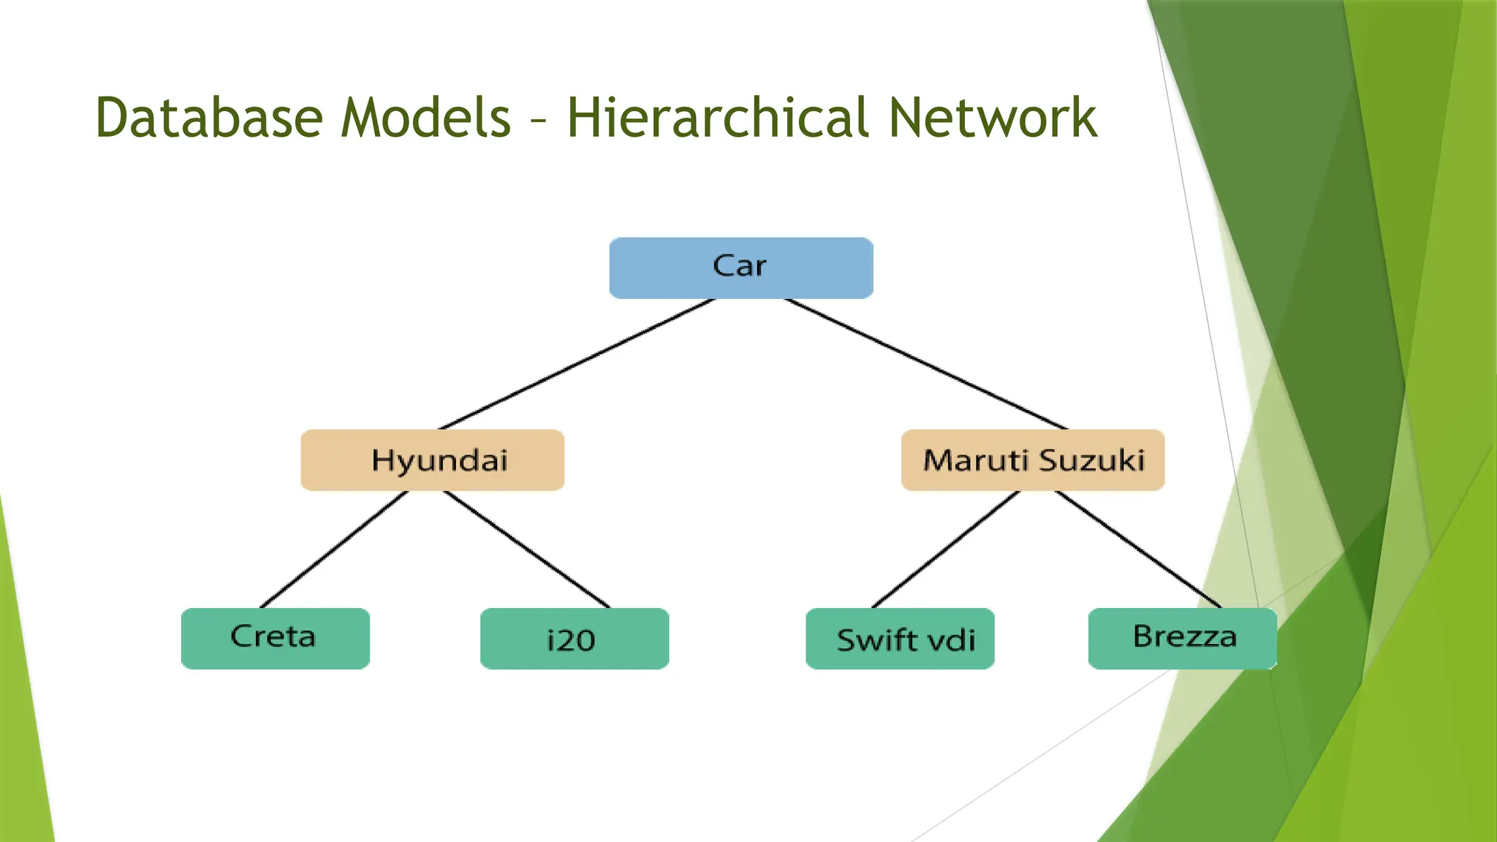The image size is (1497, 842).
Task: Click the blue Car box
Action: pos(740,268)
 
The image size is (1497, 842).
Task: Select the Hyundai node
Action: pos(432,460)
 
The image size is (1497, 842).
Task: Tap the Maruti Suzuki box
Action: pos(1032,460)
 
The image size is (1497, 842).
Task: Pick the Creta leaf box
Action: pos(275,638)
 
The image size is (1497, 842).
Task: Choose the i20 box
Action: pos(574,638)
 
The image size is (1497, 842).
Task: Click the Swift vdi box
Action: pos(900,638)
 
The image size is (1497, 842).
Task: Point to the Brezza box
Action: pos(1182,638)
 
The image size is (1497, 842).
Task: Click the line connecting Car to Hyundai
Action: pos(576,363)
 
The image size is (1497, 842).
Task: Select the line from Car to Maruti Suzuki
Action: pos(925,363)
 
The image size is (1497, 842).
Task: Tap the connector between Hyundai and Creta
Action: pos(334,549)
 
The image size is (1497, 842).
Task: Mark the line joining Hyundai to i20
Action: pos(526,549)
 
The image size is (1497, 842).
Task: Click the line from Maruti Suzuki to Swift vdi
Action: pos(945,549)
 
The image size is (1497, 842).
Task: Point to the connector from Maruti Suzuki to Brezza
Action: pos(1137,549)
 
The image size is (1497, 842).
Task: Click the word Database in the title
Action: pos(209,118)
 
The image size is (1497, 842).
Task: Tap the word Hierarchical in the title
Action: pos(718,118)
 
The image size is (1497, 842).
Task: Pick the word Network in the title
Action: pos(993,118)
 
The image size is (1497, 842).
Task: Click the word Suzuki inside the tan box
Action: pos(1091,460)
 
